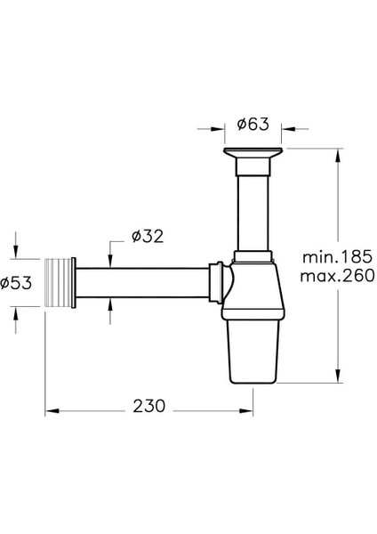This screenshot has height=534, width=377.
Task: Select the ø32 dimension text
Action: click(x=148, y=236)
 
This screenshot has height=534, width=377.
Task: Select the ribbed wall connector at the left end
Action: click(x=60, y=282)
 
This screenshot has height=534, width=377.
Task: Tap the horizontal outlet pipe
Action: click(x=142, y=282)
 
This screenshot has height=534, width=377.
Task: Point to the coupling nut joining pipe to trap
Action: click(x=216, y=283)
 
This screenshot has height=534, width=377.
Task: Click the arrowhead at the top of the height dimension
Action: click(x=337, y=156)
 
